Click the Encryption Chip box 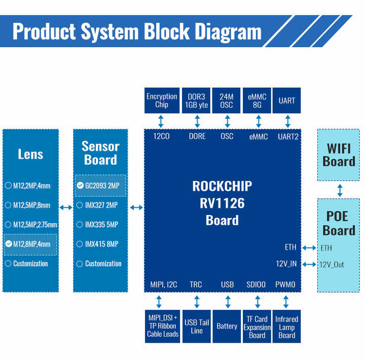(x=162, y=100)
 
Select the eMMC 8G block (x=257, y=100)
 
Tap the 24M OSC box (x=226, y=100)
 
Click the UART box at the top (x=286, y=100)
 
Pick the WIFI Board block (x=339, y=155)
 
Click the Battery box (x=227, y=326)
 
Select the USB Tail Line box (x=197, y=326)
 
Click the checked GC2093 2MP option (x=100, y=186)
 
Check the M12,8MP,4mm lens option (x=30, y=244)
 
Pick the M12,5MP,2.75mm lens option (x=30, y=225)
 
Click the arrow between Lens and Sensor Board (x=66, y=207)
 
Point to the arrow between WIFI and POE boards (x=340, y=190)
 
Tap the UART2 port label (x=288, y=136)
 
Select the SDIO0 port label (x=256, y=284)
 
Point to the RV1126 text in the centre (x=222, y=203)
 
